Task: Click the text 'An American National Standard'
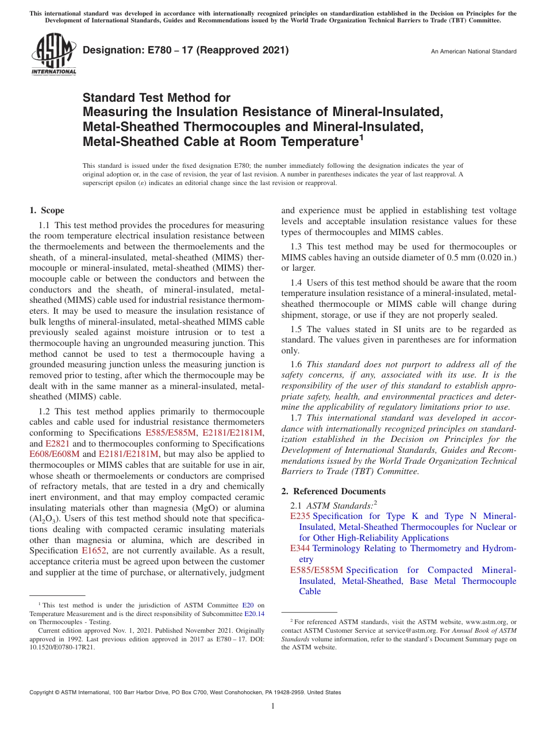coord(473,52)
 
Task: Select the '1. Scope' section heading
coord(47,211)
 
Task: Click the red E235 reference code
coord(300,517)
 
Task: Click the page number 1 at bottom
coord(273,706)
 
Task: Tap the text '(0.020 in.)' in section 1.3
coord(494,257)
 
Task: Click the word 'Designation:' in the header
coord(109,51)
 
